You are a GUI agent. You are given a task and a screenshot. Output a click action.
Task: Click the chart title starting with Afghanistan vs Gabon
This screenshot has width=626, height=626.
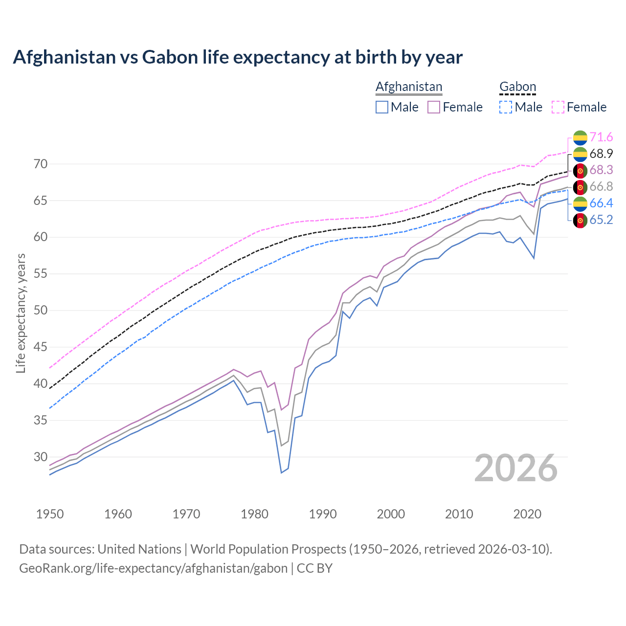pyautogui.click(x=238, y=57)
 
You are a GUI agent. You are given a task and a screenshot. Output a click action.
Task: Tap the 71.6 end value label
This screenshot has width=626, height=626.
pyautogui.click(x=601, y=137)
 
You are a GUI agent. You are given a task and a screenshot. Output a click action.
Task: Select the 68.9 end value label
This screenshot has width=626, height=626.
pyautogui.click(x=601, y=154)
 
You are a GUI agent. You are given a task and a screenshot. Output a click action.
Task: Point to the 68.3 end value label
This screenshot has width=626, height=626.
pyautogui.click(x=601, y=170)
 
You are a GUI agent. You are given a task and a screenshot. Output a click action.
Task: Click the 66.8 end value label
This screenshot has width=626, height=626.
pyautogui.click(x=601, y=187)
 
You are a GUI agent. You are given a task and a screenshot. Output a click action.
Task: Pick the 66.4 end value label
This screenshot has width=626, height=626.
pyautogui.click(x=601, y=203)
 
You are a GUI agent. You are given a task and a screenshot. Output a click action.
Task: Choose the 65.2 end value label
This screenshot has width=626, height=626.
pyautogui.click(x=601, y=220)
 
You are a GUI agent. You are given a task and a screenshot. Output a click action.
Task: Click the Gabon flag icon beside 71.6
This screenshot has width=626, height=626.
pyautogui.click(x=580, y=137)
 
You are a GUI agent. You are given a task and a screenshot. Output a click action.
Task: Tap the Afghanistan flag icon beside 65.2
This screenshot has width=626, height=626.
pyautogui.click(x=580, y=221)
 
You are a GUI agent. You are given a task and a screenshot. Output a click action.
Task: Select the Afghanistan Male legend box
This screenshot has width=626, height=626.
pyautogui.click(x=382, y=107)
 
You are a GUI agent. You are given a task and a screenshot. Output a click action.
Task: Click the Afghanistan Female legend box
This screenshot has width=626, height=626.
pyautogui.click(x=434, y=107)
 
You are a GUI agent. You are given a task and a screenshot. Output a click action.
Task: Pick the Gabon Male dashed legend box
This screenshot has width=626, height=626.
pyautogui.click(x=506, y=107)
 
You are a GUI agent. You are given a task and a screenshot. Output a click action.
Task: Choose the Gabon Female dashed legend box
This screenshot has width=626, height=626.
pyautogui.click(x=558, y=107)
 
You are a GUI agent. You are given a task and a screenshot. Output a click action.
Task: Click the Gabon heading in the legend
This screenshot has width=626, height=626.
pyautogui.click(x=517, y=87)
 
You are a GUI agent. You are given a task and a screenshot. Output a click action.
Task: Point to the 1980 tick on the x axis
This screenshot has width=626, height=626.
pyautogui.click(x=254, y=514)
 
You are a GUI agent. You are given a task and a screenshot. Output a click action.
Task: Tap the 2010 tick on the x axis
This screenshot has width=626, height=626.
pyautogui.click(x=459, y=514)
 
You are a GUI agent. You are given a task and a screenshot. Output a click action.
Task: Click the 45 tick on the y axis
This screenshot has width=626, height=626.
pyautogui.click(x=41, y=347)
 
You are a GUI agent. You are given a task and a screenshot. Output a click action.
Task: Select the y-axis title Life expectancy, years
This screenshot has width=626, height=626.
pyautogui.click(x=21, y=313)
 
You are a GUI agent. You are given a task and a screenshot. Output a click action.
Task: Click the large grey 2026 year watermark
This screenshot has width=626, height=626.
pyautogui.click(x=516, y=468)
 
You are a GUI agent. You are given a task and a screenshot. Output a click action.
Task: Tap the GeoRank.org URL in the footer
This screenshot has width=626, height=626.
pyautogui.click(x=153, y=568)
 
